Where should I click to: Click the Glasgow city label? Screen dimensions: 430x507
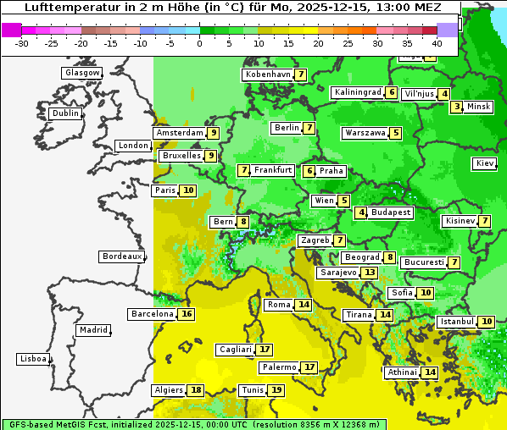(x=82, y=73)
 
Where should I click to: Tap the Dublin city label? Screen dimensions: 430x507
(x=65, y=113)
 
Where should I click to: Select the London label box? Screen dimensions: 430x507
(x=133, y=146)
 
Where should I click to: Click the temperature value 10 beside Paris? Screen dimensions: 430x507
(x=187, y=190)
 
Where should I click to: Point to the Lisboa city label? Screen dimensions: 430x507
(x=33, y=359)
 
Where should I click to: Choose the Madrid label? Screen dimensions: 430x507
(x=93, y=330)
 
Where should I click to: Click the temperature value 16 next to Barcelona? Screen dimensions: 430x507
(x=187, y=314)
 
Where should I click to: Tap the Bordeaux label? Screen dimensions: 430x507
(x=121, y=256)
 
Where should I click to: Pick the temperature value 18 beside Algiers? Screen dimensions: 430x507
(x=196, y=390)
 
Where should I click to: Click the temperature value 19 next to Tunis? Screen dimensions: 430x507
(x=276, y=390)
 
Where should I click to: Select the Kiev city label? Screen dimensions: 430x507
(x=485, y=163)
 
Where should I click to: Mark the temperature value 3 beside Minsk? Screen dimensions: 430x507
(x=457, y=107)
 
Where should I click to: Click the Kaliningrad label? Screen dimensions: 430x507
(x=358, y=92)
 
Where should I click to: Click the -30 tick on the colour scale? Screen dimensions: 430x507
(x=22, y=43)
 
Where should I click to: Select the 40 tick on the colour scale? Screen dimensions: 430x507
(x=437, y=43)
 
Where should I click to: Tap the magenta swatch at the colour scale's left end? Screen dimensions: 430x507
(x=11, y=30)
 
